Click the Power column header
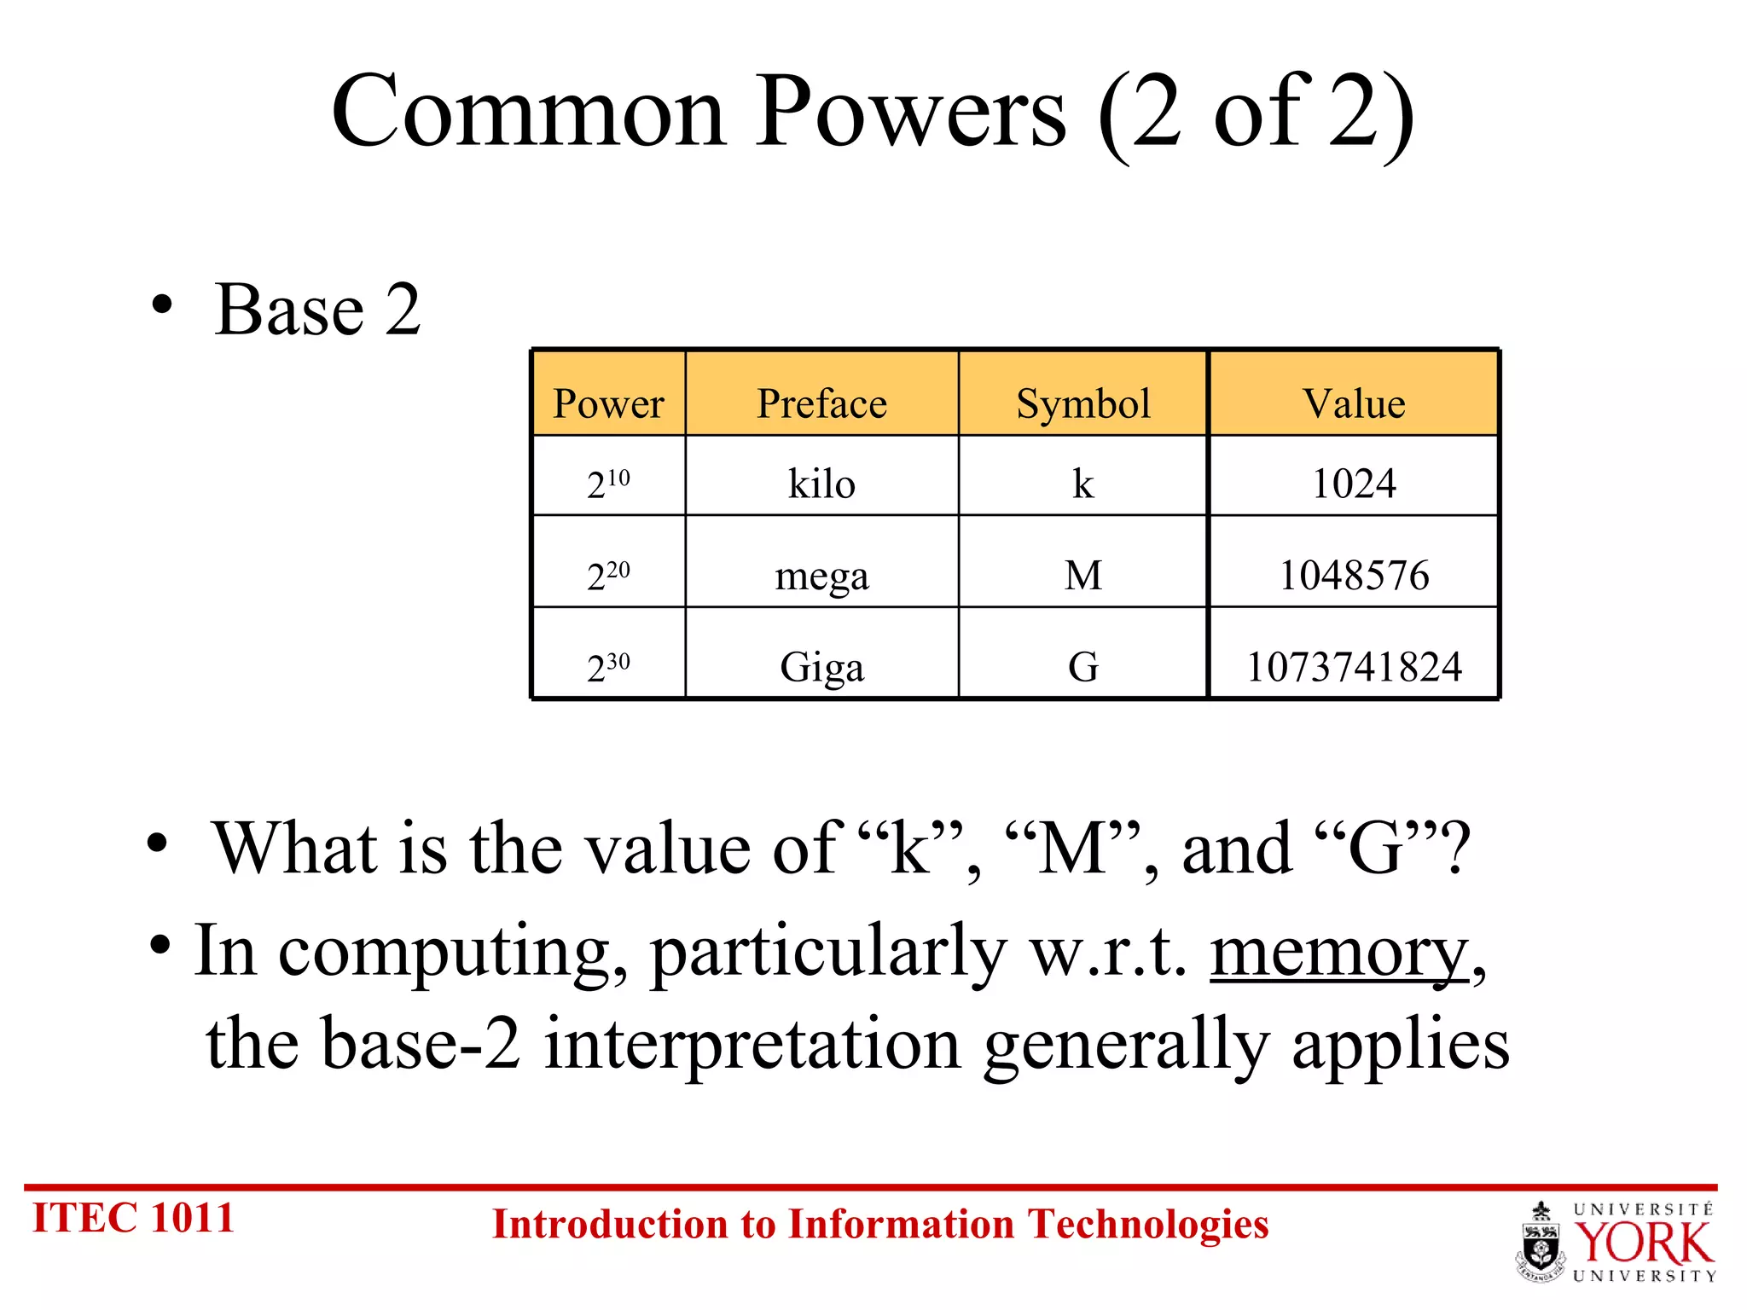click(x=608, y=403)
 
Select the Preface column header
click(x=821, y=403)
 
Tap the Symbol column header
click(x=1083, y=403)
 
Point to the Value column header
click(x=1354, y=403)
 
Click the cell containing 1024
click(x=1354, y=484)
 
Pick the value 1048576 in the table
click(x=1354, y=575)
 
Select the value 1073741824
click(x=1354, y=666)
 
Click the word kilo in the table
click(x=821, y=484)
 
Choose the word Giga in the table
click(x=821, y=667)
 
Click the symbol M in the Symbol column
click(x=1083, y=575)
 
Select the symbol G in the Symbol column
click(x=1083, y=666)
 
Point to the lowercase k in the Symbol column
click(x=1083, y=484)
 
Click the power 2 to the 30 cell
click(x=608, y=666)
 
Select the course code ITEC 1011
click(x=133, y=1218)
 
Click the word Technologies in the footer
click(x=1147, y=1225)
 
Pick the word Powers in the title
click(x=910, y=113)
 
